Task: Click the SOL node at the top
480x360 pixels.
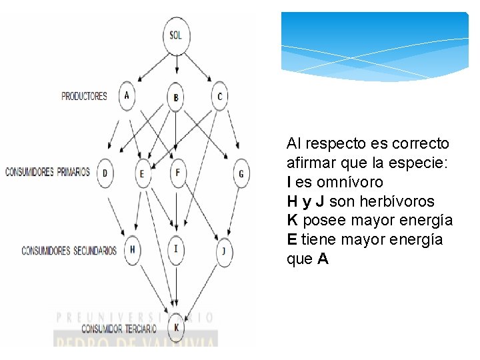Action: (x=176, y=35)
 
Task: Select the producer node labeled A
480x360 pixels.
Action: (x=127, y=95)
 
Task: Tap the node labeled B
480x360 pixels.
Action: (x=175, y=98)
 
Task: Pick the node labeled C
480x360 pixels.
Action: (x=219, y=96)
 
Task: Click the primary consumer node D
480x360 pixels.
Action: (x=105, y=173)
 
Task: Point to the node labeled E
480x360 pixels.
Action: (x=141, y=174)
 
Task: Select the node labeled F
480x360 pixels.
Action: (x=177, y=173)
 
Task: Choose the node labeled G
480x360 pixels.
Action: (x=241, y=174)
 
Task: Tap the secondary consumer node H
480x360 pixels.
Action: (x=133, y=249)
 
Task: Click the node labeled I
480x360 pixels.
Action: (x=176, y=249)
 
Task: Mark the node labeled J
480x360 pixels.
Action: (x=224, y=251)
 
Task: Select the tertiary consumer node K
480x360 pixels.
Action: (x=177, y=327)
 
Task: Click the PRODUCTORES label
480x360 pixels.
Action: (x=84, y=96)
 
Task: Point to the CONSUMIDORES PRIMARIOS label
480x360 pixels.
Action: (x=47, y=172)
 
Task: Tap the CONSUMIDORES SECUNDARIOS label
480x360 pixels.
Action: (x=69, y=251)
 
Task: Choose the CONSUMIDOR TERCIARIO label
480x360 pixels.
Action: (x=119, y=328)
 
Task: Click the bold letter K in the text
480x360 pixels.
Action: (x=292, y=221)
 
